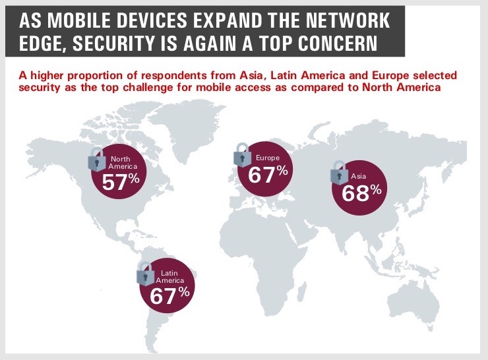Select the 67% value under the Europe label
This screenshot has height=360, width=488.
click(x=268, y=175)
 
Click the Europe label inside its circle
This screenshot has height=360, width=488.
click(x=268, y=158)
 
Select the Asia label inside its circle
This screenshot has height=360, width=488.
click(x=359, y=177)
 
